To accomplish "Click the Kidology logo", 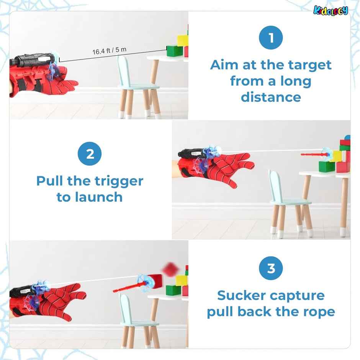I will tap(331, 10).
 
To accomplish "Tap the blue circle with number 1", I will tap(271, 38).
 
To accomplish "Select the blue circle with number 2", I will tap(90, 154).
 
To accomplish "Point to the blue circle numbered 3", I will tap(271, 268).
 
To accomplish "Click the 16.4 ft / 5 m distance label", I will tap(109, 51).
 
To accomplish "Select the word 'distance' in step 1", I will tap(271, 97).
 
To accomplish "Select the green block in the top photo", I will tap(175, 51).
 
